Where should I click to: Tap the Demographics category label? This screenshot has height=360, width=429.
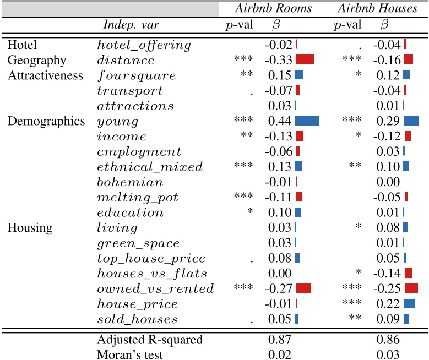click(46, 121)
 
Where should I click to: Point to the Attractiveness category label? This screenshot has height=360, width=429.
click(45, 75)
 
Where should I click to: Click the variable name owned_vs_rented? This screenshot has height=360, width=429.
click(155, 288)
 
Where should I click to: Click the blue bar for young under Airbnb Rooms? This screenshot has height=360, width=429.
click(307, 121)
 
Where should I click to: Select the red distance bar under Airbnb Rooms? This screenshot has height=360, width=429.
click(305, 60)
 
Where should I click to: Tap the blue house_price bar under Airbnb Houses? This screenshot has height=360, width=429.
click(409, 304)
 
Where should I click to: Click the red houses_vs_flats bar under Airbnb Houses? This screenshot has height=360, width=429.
click(408, 273)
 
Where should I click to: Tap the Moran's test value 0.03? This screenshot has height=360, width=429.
click(388, 355)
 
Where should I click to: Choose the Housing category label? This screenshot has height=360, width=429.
click(30, 228)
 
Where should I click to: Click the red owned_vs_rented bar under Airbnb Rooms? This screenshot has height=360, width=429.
click(303, 288)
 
